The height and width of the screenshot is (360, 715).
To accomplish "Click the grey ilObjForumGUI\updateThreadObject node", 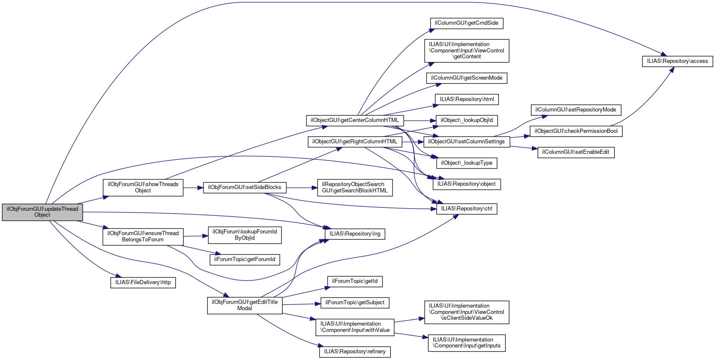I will pos(42,212).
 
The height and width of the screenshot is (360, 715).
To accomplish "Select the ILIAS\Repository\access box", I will pos(677,61).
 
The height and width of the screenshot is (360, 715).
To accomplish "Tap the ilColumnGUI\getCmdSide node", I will pos(466,23).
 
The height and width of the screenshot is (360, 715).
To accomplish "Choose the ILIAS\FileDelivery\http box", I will pos(143,282).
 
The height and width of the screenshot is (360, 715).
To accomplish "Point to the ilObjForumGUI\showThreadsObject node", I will pos(143,187).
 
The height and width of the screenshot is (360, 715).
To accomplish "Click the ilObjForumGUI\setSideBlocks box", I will pos(244,187).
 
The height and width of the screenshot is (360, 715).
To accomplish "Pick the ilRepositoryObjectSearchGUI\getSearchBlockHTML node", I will pos(355,187).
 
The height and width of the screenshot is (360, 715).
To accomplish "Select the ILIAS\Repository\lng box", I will pos(355,234).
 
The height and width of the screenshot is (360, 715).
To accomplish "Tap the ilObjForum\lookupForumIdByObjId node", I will pos(244,235).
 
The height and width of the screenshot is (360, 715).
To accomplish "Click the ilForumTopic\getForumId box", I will pos(244,259).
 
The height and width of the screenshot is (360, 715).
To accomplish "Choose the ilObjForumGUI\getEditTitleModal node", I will pos(244,305).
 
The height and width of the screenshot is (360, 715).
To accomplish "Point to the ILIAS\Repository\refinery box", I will pos(355,352).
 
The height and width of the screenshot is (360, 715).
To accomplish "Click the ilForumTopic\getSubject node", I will pos(355,303).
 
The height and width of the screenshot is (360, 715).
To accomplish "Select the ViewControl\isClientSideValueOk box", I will pos(467,312).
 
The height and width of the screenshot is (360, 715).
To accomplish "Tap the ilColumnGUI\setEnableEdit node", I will pos(576,152).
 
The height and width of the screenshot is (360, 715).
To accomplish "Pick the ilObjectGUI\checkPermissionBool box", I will pos(576,131).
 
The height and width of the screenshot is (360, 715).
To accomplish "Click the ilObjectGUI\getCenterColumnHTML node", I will pos(355,120).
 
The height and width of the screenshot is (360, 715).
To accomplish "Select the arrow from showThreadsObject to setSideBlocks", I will pos(193,188).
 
